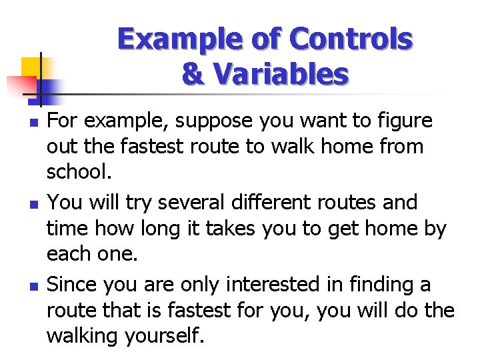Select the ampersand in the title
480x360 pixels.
pos(193,75)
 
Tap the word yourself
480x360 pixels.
pos(163,335)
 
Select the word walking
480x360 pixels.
pos(84,335)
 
